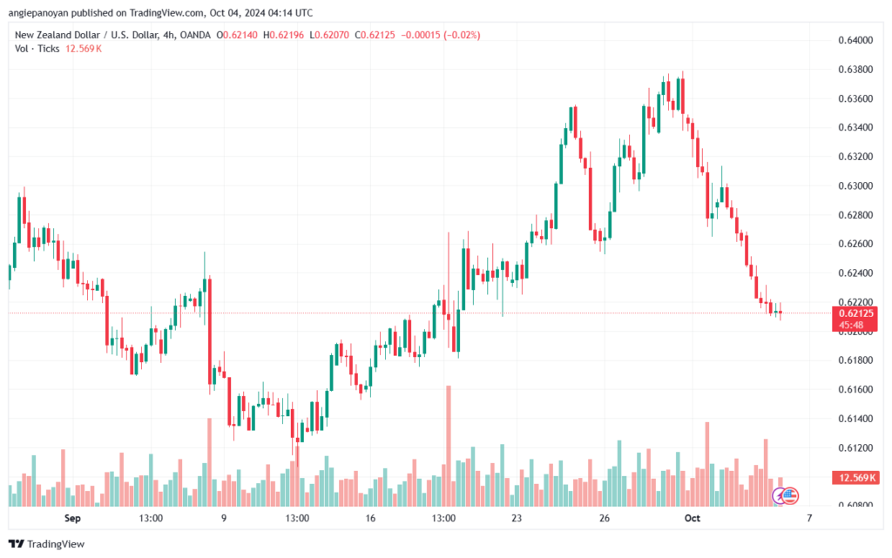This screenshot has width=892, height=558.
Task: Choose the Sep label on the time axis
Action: click(x=72, y=518)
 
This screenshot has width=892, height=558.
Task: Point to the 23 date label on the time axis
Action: click(x=517, y=518)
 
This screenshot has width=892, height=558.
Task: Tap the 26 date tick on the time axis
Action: click(x=603, y=518)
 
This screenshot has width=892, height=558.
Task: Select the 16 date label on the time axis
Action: click(x=370, y=518)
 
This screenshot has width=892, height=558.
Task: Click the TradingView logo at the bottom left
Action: click(x=48, y=544)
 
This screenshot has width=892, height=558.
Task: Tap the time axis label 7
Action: click(x=809, y=518)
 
